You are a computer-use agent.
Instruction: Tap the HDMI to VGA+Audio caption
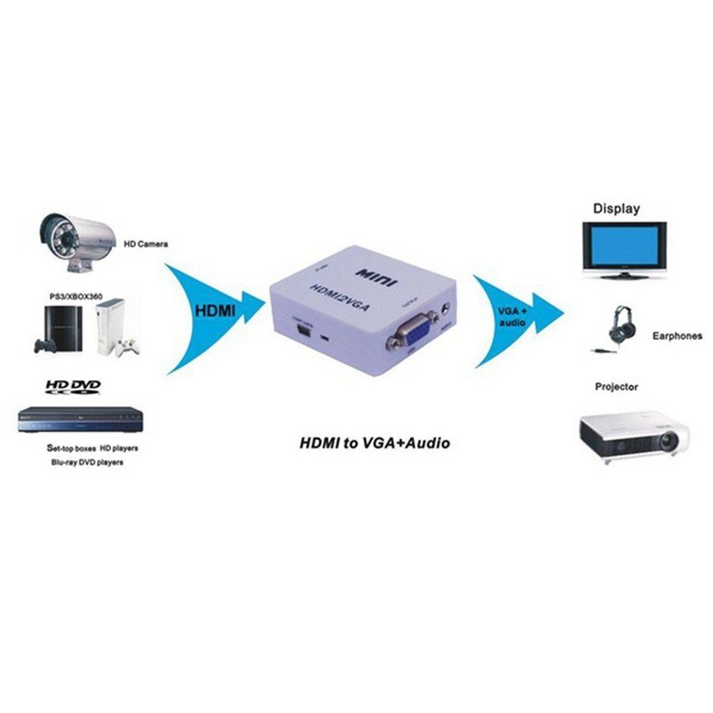(374, 443)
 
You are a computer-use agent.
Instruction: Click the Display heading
(616, 209)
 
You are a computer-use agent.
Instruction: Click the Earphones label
(677, 336)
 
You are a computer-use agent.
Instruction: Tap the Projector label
(616, 387)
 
